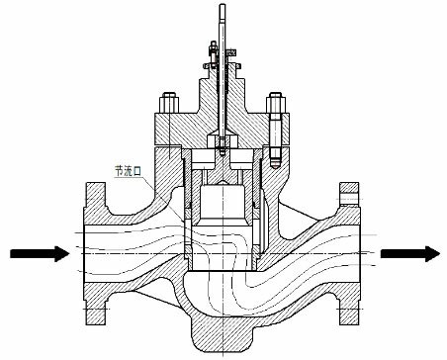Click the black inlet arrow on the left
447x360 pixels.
(x=40, y=254)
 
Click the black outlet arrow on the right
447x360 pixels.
(x=407, y=254)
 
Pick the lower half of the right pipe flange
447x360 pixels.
(x=349, y=302)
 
